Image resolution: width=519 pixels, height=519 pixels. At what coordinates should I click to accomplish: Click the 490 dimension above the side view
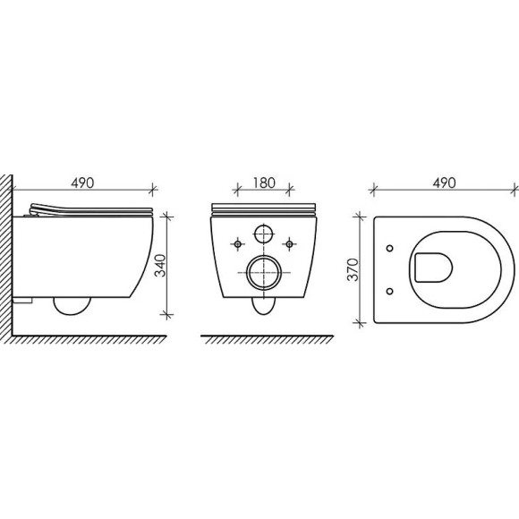[x=81, y=182]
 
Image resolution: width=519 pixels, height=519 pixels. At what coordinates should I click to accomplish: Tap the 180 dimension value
[x=263, y=182]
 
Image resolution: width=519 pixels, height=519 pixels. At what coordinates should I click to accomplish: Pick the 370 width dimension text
[x=353, y=269]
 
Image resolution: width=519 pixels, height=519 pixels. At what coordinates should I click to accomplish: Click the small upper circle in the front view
[x=263, y=234]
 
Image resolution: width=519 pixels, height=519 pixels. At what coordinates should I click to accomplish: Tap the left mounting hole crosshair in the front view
[x=238, y=242]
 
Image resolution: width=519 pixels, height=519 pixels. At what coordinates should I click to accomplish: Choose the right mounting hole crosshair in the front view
[x=288, y=242]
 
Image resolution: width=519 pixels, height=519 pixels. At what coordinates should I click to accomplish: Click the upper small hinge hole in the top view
[x=390, y=248]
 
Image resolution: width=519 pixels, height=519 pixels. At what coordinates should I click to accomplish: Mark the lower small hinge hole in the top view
[x=390, y=290]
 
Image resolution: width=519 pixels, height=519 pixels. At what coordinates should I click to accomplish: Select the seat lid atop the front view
[x=263, y=210]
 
